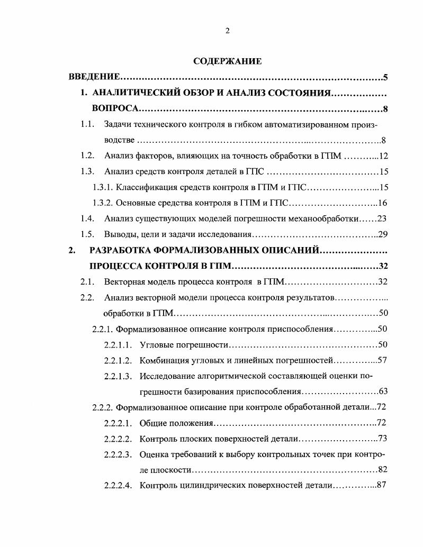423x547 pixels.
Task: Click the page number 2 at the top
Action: pos(227,31)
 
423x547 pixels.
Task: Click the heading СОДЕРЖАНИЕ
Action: pos(227,61)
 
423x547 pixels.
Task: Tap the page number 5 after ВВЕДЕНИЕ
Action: pos(386,78)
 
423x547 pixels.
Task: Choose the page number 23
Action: pos(384,218)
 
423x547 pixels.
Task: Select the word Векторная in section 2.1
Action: pos(125,281)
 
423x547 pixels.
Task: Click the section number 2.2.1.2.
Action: pos(118,360)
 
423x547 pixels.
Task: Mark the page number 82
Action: pos(384,470)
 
